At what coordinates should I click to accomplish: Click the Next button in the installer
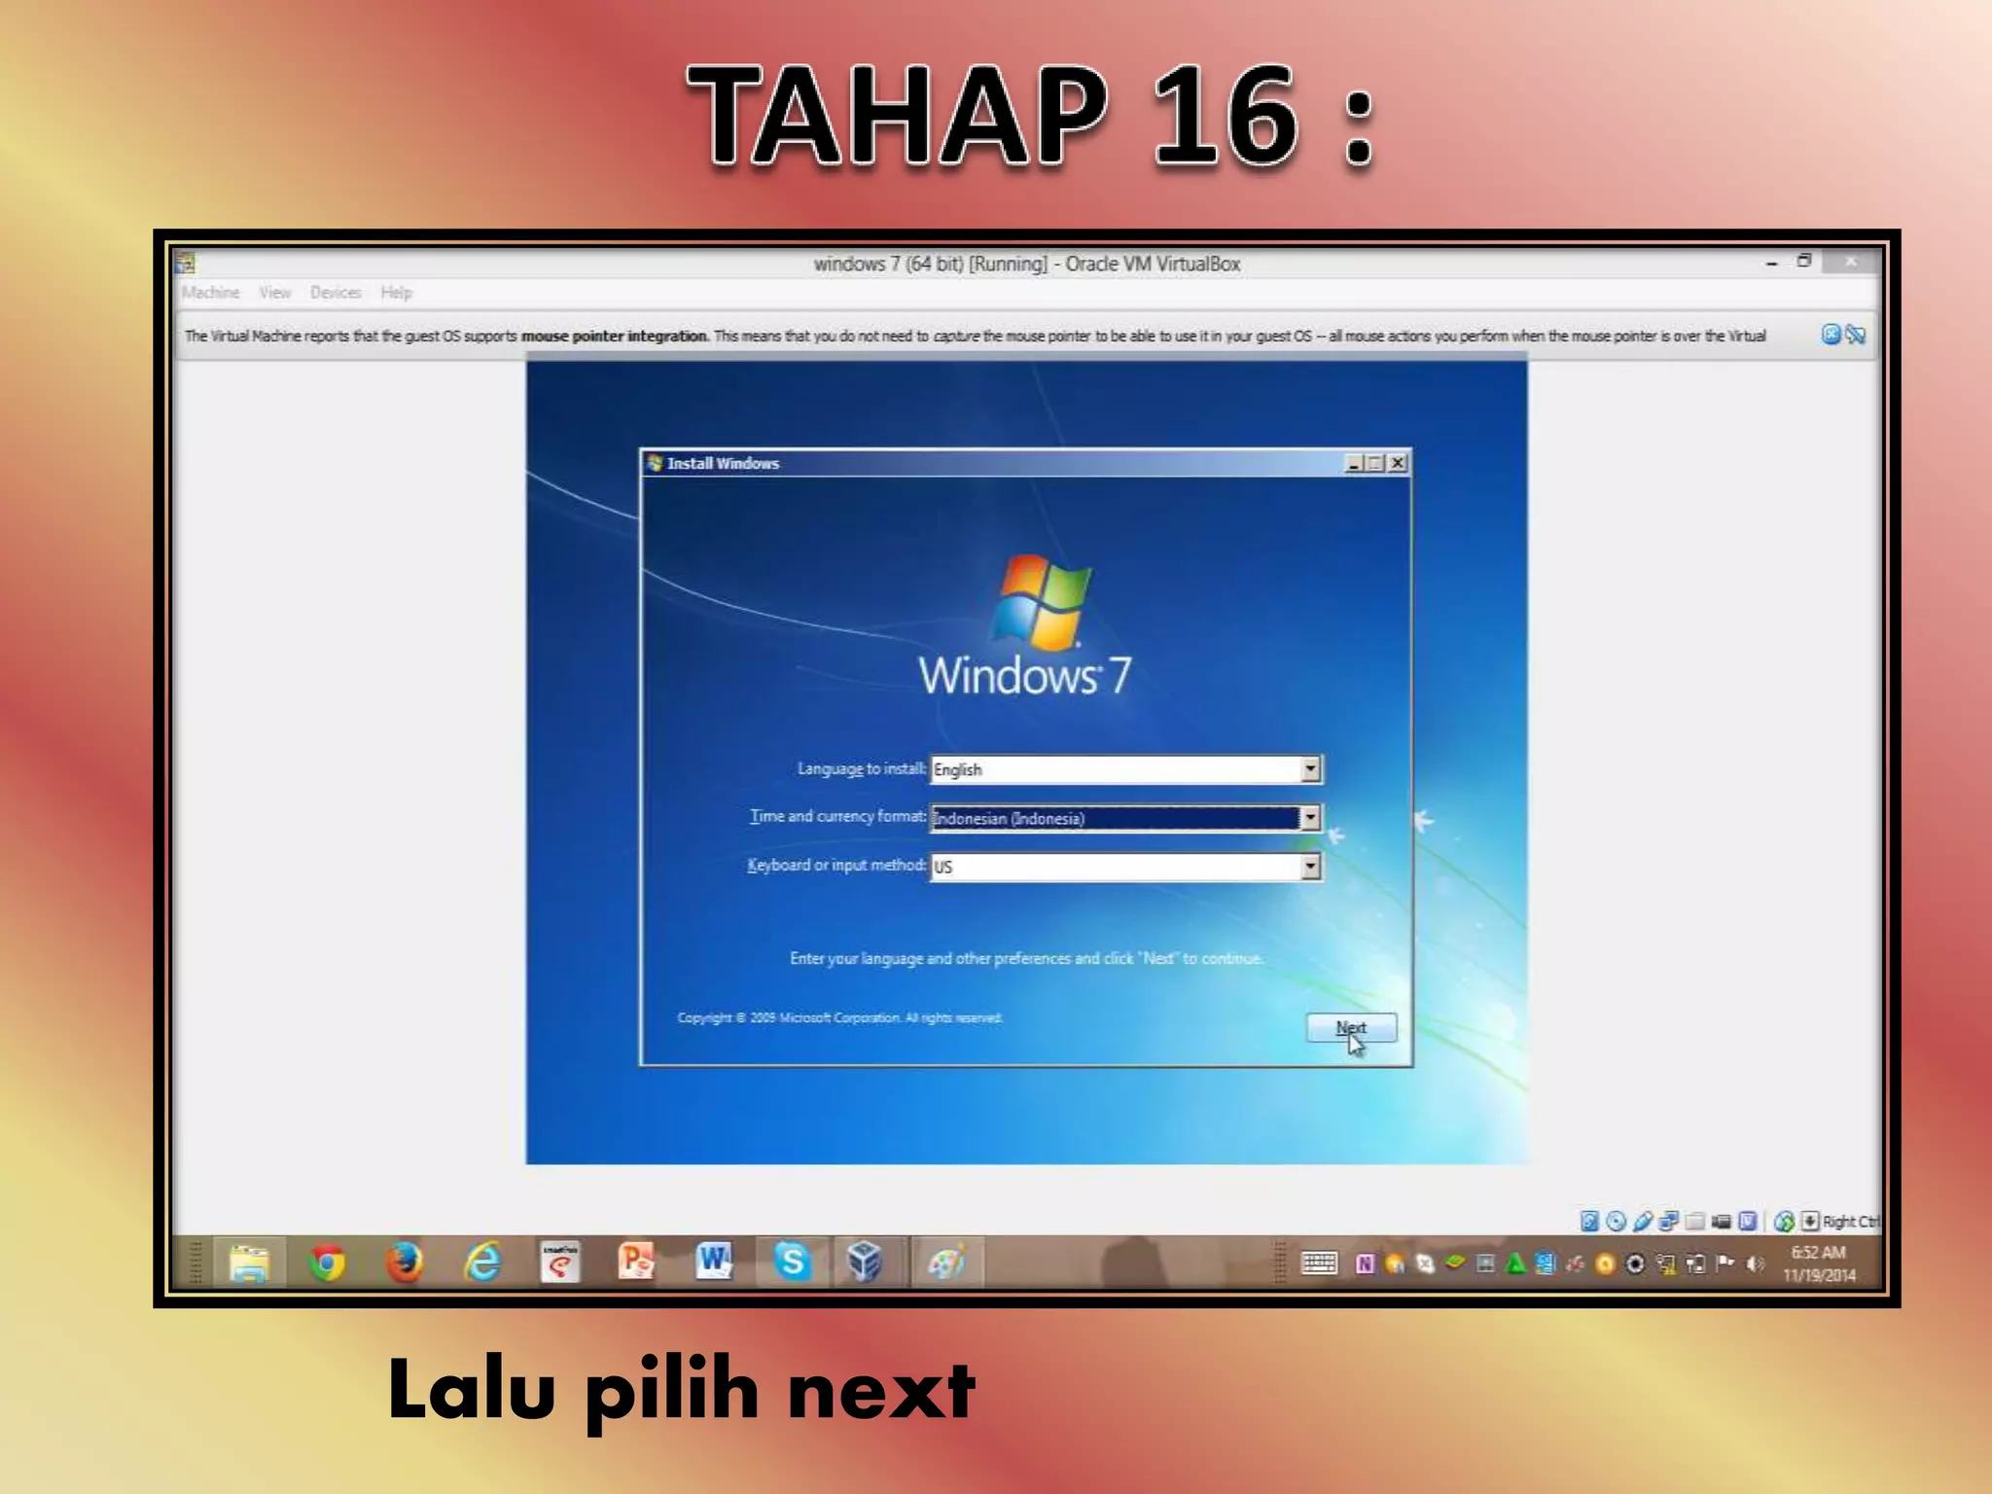tap(1351, 1027)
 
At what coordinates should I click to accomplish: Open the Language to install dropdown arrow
tap(1310, 769)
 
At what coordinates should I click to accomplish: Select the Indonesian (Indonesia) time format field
tap(1114, 818)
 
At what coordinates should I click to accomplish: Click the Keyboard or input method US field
tap(1114, 867)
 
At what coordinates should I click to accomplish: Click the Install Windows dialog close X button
tap(1398, 463)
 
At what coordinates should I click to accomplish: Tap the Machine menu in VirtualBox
tap(210, 293)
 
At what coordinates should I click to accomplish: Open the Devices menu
tap(336, 293)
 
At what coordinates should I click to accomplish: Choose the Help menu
tap(396, 293)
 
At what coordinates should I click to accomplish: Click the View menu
tap(274, 293)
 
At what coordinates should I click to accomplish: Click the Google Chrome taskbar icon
tap(327, 1263)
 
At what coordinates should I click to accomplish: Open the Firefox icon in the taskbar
tap(404, 1263)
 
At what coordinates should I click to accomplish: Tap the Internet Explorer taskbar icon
tap(482, 1263)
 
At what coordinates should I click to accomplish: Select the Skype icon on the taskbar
tap(792, 1263)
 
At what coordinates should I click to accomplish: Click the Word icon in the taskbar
tap(714, 1263)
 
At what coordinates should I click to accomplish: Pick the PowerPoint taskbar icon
tap(636, 1263)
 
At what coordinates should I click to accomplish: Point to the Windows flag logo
tap(1042, 600)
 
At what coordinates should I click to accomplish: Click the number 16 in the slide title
tap(1226, 117)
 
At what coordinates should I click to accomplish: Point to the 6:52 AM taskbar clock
tap(1818, 1253)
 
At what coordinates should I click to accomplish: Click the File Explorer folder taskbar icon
tap(249, 1263)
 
